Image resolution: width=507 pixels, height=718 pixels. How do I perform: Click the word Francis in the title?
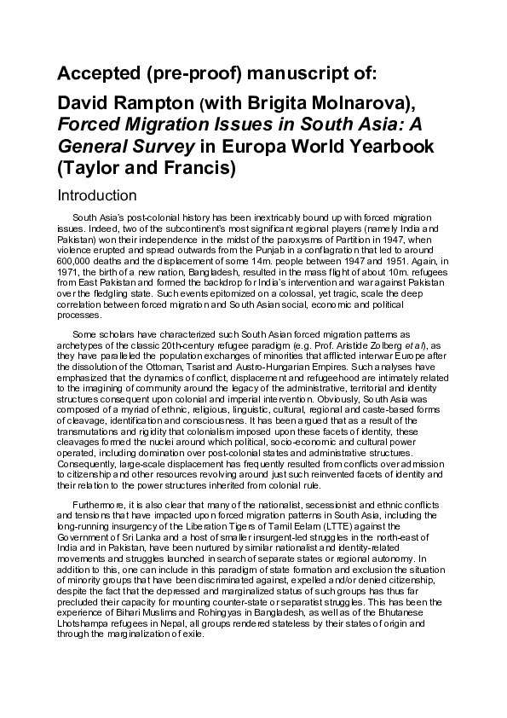[199, 168]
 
